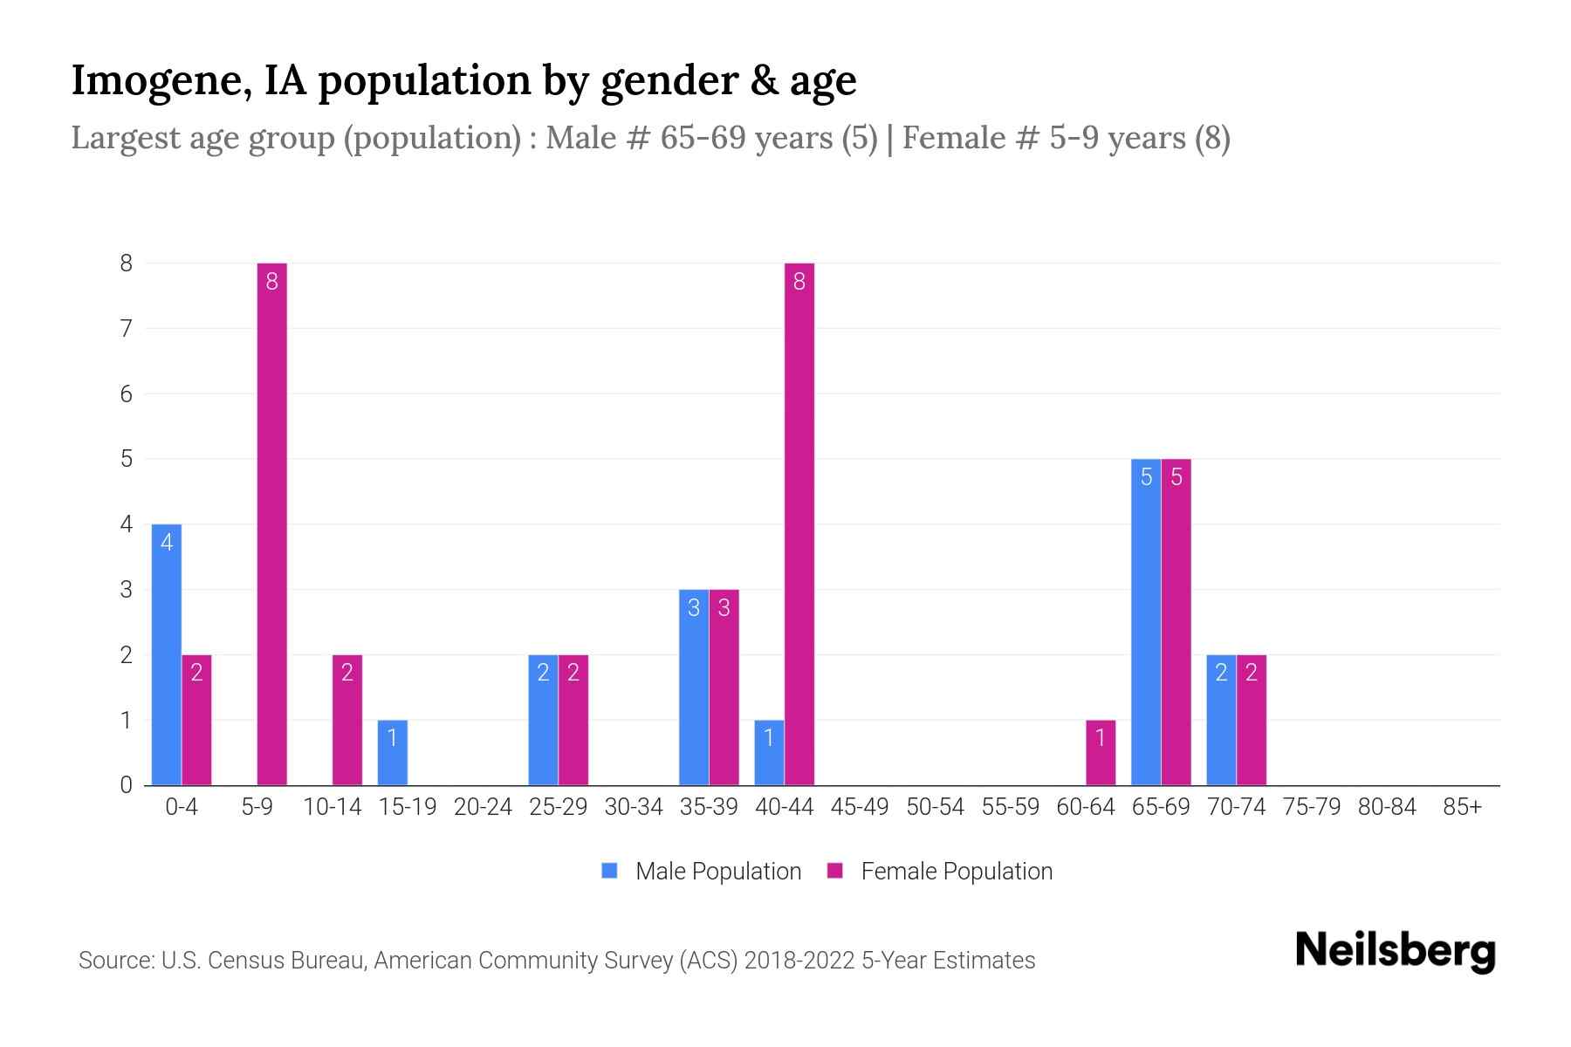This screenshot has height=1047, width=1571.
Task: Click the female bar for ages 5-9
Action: pos(272,523)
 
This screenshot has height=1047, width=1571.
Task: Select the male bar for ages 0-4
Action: pos(167,654)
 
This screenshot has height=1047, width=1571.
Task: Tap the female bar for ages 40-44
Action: pos(799,523)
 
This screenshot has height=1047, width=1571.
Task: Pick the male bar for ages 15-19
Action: pos(393,752)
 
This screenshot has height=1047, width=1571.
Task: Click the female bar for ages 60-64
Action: pos(1101,752)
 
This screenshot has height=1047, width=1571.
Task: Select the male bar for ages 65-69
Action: pos(1146,621)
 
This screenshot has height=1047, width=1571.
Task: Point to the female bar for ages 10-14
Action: pos(347,720)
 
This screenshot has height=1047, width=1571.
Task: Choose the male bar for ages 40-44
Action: pos(769,752)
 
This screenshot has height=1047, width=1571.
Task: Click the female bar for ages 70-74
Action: pos(1252,720)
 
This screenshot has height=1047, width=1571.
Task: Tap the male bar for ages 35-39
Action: pos(694,687)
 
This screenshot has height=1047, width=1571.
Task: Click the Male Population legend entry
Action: pos(702,871)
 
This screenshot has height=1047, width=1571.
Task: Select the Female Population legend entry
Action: pos(940,871)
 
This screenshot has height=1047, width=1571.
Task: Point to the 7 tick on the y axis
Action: pos(127,329)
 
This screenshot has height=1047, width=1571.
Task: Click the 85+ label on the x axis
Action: pos(1462,807)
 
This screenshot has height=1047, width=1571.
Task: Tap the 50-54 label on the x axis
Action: pos(935,807)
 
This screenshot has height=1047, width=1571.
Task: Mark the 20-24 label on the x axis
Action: pos(483,807)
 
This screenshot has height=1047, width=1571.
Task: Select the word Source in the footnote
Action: pos(115,961)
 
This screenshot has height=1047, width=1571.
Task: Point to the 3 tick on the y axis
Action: pos(127,590)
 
